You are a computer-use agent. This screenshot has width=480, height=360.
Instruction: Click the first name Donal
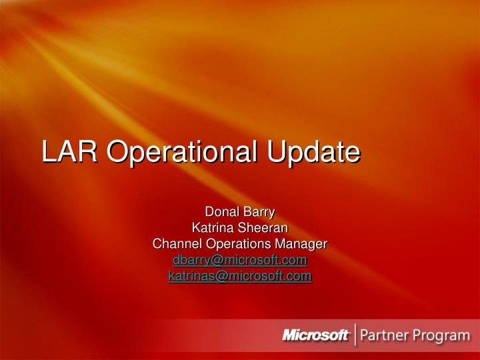(223, 213)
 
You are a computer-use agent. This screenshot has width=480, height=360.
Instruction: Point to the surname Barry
(258, 213)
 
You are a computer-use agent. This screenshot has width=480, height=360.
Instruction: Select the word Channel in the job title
(175, 244)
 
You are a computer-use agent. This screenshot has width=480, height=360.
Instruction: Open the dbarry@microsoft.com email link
(239, 260)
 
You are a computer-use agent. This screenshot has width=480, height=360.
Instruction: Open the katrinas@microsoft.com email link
(239, 275)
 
